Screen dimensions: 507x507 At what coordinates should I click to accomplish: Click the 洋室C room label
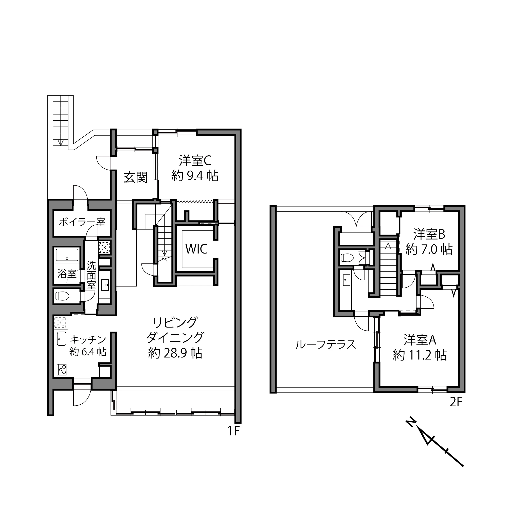[195, 161]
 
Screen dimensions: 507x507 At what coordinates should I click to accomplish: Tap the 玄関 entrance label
[136, 178]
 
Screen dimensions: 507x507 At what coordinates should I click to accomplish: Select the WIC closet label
[196, 249]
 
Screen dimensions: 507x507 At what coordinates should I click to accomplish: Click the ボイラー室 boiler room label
[82, 222]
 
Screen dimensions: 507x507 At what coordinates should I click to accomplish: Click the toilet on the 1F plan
[62, 297]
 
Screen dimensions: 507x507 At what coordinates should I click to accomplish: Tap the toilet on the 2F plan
[346, 258]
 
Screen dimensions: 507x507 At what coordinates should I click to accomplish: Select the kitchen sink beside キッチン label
[62, 338]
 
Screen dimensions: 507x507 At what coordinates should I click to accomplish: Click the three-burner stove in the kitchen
[62, 370]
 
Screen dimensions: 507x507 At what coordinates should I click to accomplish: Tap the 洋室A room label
[420, 340]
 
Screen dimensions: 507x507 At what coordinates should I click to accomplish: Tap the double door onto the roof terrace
[356, 219]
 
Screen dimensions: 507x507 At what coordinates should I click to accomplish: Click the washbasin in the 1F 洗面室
[106, 284]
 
